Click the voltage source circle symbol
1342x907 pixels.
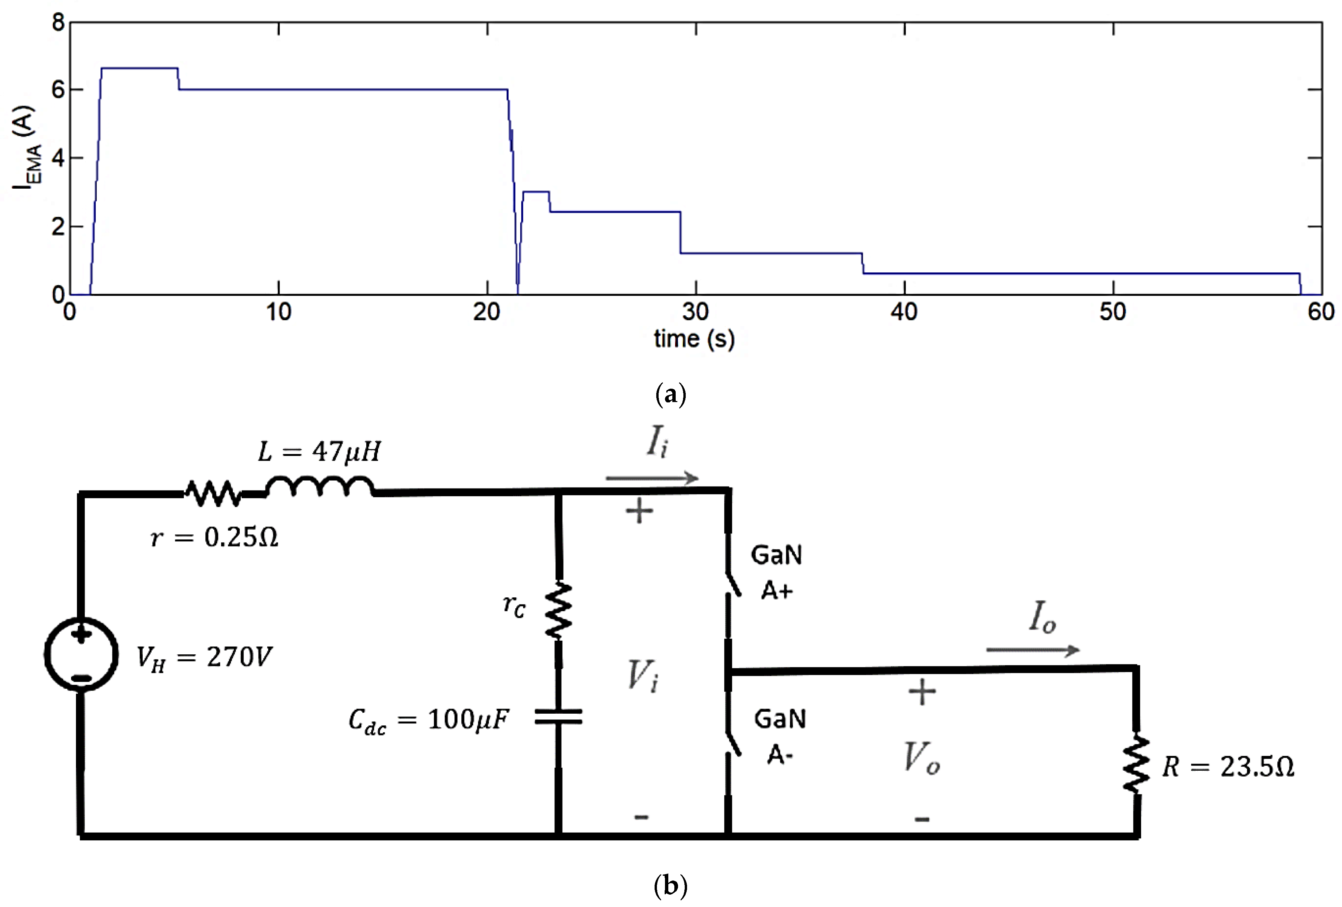tap(81, 655)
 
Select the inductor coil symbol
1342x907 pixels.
tap(319, 487)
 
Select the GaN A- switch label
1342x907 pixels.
tap(779, 736)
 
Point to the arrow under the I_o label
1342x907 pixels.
tap(1033, 650)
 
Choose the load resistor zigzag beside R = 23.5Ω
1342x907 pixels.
tap(1136, 763)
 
